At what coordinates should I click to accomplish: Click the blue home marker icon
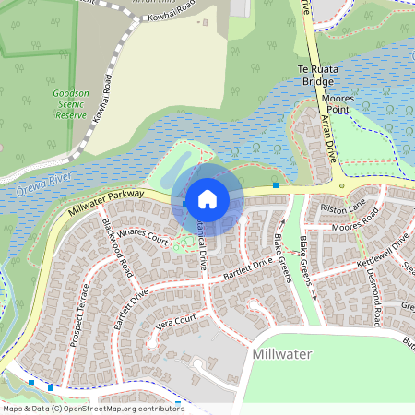207,198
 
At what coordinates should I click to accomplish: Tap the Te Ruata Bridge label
314,75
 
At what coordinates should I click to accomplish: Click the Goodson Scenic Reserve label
71,105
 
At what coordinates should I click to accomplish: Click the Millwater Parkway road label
106,204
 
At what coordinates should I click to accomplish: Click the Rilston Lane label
344,207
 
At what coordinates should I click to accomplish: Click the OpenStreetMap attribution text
92,409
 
